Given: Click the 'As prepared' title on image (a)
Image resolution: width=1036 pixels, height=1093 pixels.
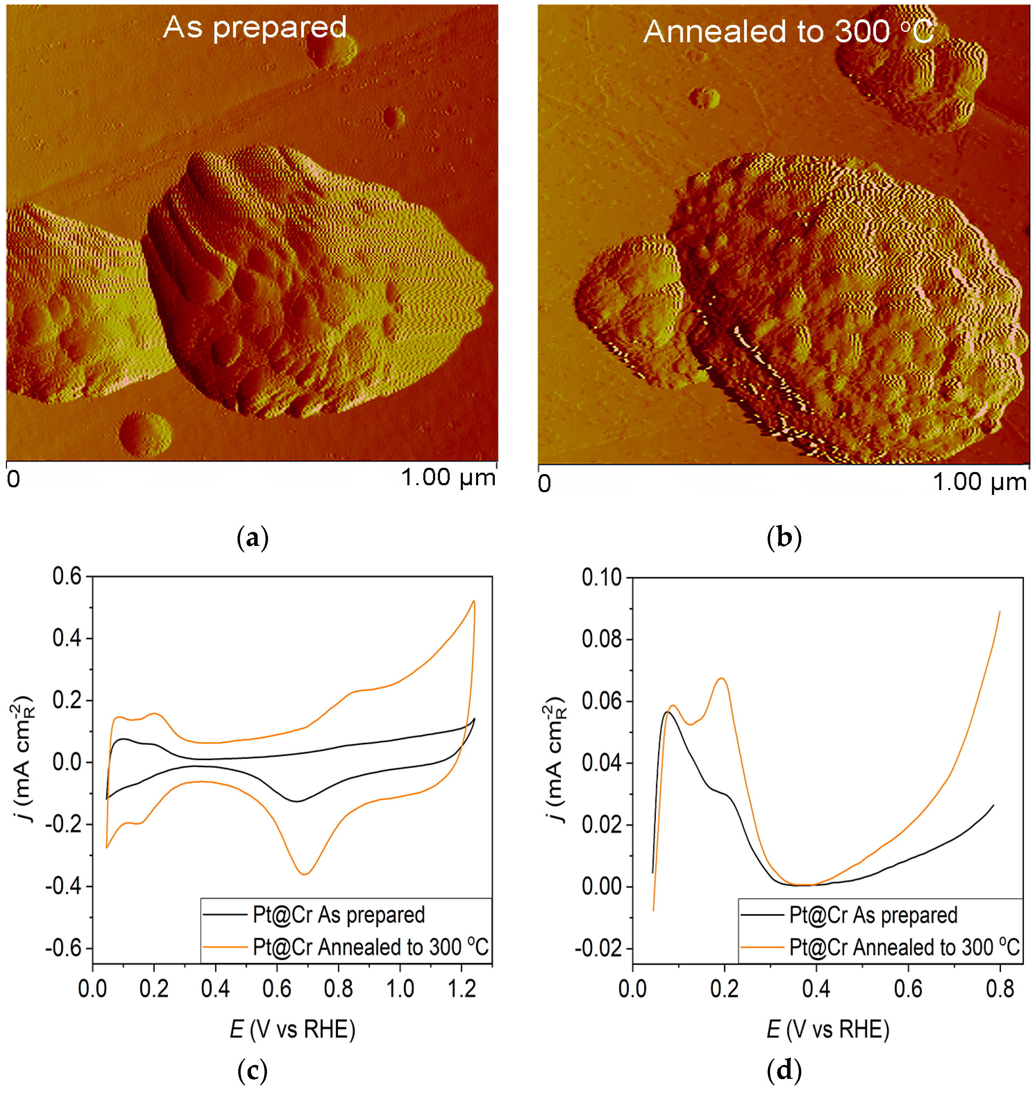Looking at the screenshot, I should (x=254, y=28).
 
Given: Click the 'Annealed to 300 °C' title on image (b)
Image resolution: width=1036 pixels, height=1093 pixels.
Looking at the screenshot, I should (x=788, y=32).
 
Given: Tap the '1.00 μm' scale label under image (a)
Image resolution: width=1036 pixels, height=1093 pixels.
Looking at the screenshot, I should (x=448, y=478).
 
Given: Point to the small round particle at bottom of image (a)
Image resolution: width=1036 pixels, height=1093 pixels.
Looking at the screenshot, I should (x=145, y=434).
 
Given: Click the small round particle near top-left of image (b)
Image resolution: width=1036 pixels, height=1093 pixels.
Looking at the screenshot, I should (x=704, y=98).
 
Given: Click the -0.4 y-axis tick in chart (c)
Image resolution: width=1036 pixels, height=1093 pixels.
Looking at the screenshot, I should (x=63, y=887).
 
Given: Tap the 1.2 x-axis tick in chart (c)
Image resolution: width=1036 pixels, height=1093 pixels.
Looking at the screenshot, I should (x=462, y=989).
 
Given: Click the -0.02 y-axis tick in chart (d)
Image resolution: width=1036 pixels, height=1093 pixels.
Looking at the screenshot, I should (x=598, y=949).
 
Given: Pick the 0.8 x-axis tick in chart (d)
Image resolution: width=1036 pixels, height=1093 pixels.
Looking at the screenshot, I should (x=1000, y=989).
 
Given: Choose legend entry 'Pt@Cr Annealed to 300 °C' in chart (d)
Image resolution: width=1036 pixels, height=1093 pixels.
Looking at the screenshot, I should (x=903, y=947).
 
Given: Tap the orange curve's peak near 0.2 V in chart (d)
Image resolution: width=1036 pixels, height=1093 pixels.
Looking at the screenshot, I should (x=721, y=679).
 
